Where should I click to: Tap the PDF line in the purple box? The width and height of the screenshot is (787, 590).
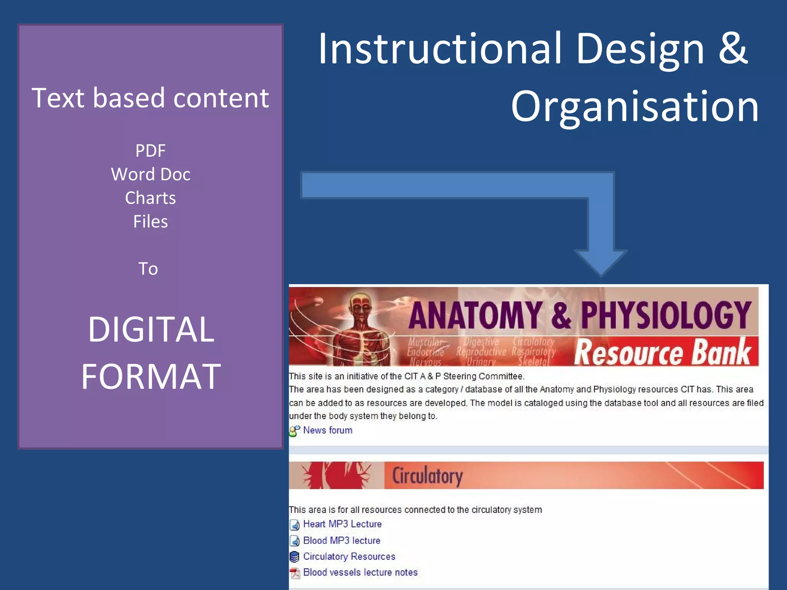click(150, 151)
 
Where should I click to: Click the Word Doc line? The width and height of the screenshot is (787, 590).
click(150, 174)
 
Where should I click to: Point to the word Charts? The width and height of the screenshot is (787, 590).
click(150, 198)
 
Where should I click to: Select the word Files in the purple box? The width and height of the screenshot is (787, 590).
click(150, 222)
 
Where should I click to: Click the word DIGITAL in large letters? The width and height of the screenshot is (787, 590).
click(151, 330)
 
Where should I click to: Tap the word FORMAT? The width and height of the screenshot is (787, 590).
click(151, 377)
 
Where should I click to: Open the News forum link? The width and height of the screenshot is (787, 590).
click(327, 430)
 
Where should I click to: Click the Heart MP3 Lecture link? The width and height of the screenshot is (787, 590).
click(342, 524)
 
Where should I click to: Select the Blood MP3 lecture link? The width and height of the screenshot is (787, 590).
click(341, 540)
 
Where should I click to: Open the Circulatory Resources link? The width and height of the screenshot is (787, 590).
click(349, 556)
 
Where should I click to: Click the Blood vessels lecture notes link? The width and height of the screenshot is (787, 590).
click(360, 572)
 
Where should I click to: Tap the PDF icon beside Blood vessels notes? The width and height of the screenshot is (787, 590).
click(295, 573)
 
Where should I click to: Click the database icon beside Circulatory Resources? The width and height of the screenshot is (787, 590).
click(294, 557)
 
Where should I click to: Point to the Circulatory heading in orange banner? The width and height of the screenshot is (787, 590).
click(427, 476)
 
